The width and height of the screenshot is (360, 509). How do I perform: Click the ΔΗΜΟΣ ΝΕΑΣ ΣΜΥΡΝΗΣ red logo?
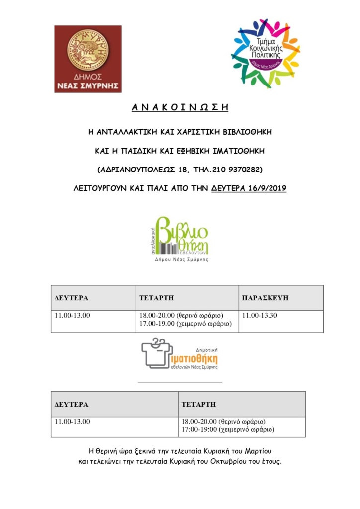pyautogui.click(x=88, y=59)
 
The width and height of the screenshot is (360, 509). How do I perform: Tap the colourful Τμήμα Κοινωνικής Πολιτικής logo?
pyautogui.click(x=265, y=53)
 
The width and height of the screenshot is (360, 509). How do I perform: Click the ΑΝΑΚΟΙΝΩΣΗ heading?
pyautogui.click(x=180, y=108)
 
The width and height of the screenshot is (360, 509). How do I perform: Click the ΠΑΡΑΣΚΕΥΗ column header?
pyautogui.click(x=265, y=298)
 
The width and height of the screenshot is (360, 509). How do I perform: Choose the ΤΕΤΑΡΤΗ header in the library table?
pyautogui.click(x=156, y=298)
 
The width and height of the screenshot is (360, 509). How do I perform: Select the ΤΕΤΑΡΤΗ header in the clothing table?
pyautogui.click(x=199, y=404)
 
